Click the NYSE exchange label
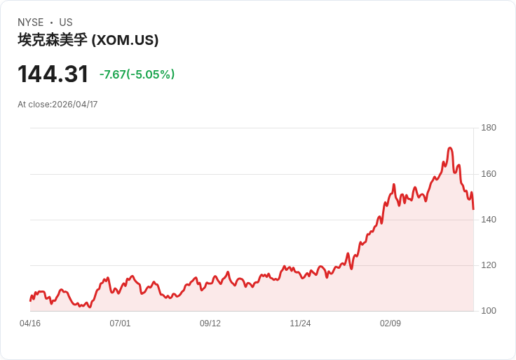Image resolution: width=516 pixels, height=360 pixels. click(x=30, y=22)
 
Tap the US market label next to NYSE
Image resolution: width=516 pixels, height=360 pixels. click(x=66, y=22)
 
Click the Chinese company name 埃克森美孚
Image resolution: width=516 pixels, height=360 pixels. click(x=53, y=40)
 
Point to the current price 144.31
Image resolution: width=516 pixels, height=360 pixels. click(x=53, y=74)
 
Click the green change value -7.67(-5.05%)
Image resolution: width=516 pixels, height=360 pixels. click(x=137, y=74)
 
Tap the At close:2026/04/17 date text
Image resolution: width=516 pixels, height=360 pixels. click(x=57, y=105)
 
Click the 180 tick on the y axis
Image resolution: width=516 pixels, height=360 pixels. click(x=489, y=128)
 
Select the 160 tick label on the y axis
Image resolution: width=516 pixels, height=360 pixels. click(x=489, y=174)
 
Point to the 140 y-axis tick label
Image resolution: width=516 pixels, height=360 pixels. click(x=489, y=220)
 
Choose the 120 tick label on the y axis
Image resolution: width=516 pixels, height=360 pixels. click(x=489, y=265)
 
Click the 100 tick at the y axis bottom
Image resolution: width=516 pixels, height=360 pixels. click(x=489, y=311)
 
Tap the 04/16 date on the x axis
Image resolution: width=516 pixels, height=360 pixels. click(x=30, y=324)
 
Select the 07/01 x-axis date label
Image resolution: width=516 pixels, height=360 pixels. click(x=120, y=324)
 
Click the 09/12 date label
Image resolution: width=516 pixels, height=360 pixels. click(x=210, y=324)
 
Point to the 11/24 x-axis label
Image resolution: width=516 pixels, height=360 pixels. click(x=300, y=324)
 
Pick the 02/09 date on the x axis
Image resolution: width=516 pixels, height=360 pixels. click(x=391, y=324)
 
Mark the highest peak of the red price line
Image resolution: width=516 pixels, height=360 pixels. click(x=450, y=148)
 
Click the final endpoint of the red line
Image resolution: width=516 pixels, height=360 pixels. click(x=473, y=209)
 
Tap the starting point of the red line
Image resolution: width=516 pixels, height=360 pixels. click(x=30, y=300)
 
